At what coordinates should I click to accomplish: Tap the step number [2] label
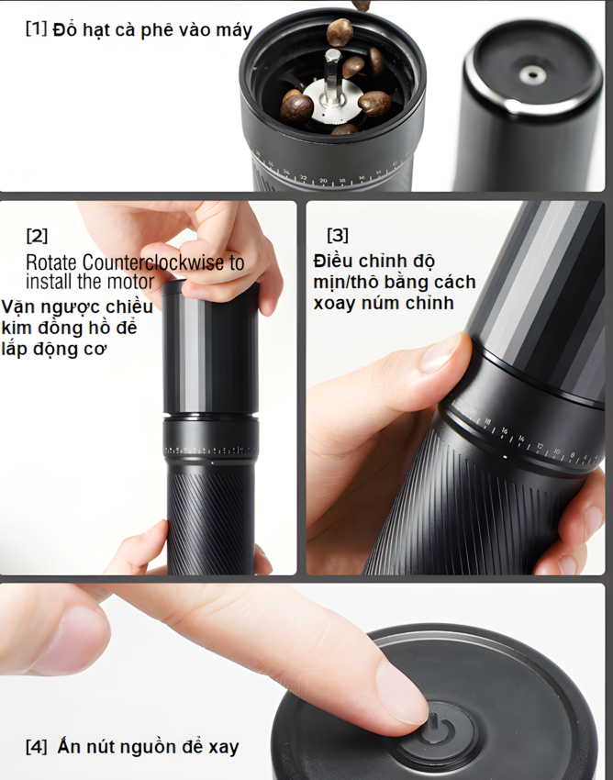[37, 235]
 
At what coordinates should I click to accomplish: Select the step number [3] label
[338, 236]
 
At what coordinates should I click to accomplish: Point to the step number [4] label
[36, 747]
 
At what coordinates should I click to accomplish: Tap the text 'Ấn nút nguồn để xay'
[148, 747]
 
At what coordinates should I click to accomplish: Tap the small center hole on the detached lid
[529, 72]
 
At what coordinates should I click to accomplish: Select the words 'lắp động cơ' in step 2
[55, 349]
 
